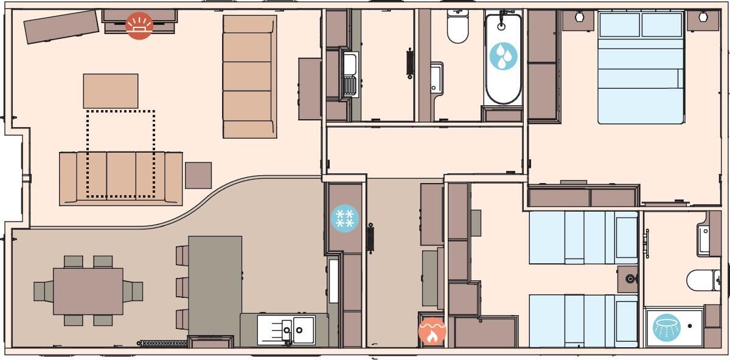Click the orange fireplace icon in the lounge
[139, 26]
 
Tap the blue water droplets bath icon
[503, 56]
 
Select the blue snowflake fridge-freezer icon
[344, 218]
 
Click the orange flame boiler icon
[432, 331]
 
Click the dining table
[88, 291]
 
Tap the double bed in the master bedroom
[641, 67]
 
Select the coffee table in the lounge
[110, 91]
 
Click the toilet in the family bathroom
[457, 27]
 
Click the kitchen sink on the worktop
[286, 328]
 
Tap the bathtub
[503, 59]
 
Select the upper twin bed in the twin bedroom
[583, 237]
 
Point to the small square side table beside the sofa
[198, 175]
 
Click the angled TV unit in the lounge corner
[61, 27]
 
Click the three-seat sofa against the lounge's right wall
[249, 76]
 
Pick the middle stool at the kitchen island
[182, 287]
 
